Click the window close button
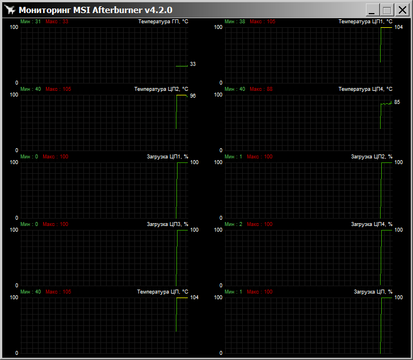402,10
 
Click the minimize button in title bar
372,10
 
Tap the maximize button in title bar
387,10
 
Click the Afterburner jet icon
10,10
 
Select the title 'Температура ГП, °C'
163,22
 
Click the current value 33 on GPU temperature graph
193,64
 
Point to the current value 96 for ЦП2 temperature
193,96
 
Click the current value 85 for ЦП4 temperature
397,102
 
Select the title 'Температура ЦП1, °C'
365,22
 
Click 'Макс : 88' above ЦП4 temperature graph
261,89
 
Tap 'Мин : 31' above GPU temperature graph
31,22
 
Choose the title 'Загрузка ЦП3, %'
167,224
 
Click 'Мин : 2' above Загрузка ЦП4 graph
233,224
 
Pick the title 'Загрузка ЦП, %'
373,292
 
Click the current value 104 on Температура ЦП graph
195,298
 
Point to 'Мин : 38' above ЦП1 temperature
235,22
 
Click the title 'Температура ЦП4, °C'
365,89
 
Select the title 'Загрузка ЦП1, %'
167,157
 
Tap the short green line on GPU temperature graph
182,66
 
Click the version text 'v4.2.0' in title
158,10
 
